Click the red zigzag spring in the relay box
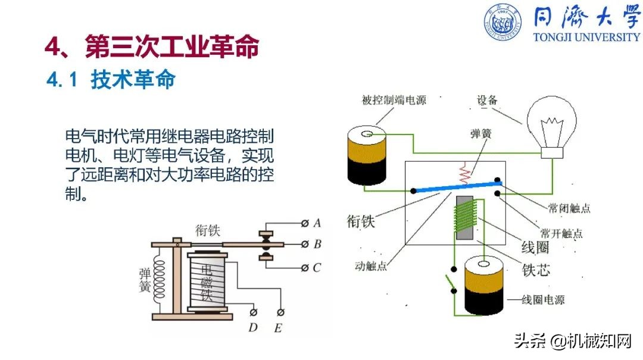click(465, 174)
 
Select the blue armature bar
click(457, 187)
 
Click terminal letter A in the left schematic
click(317, 223)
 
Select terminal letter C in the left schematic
click(317, 267)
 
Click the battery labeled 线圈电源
click(483, 285)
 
